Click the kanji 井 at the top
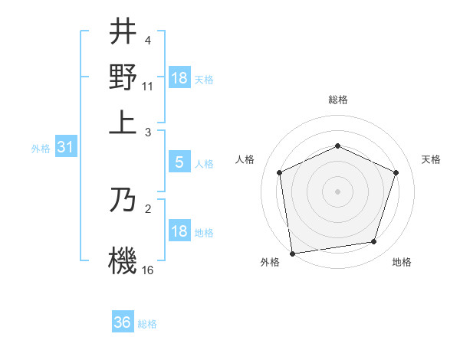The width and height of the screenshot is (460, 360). pos(123,32)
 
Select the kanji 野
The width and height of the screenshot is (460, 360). pos(123,77)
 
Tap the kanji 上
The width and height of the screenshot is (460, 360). pos(123,123)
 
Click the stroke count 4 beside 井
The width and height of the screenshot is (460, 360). pos(148,40)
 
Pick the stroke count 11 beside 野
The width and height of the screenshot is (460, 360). pos(148,86)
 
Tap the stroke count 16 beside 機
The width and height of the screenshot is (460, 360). pos(148,270)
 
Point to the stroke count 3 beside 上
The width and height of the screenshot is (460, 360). pos(148,132)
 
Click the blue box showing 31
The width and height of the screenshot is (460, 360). pos(65,148)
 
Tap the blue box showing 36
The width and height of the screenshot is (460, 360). pos(123,322)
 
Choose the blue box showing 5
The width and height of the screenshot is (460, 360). pos(179,162)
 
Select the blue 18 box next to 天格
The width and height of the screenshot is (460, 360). pos(179,78)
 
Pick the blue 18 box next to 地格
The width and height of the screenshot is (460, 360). pos(179,231)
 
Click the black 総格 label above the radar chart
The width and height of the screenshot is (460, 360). pos(337,100)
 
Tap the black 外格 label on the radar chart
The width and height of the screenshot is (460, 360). pos(270,262)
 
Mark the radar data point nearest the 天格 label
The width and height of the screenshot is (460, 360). pos(396,172)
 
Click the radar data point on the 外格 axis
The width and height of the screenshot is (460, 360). pos(292,253)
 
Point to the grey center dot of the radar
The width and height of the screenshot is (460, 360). pos(337,191)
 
